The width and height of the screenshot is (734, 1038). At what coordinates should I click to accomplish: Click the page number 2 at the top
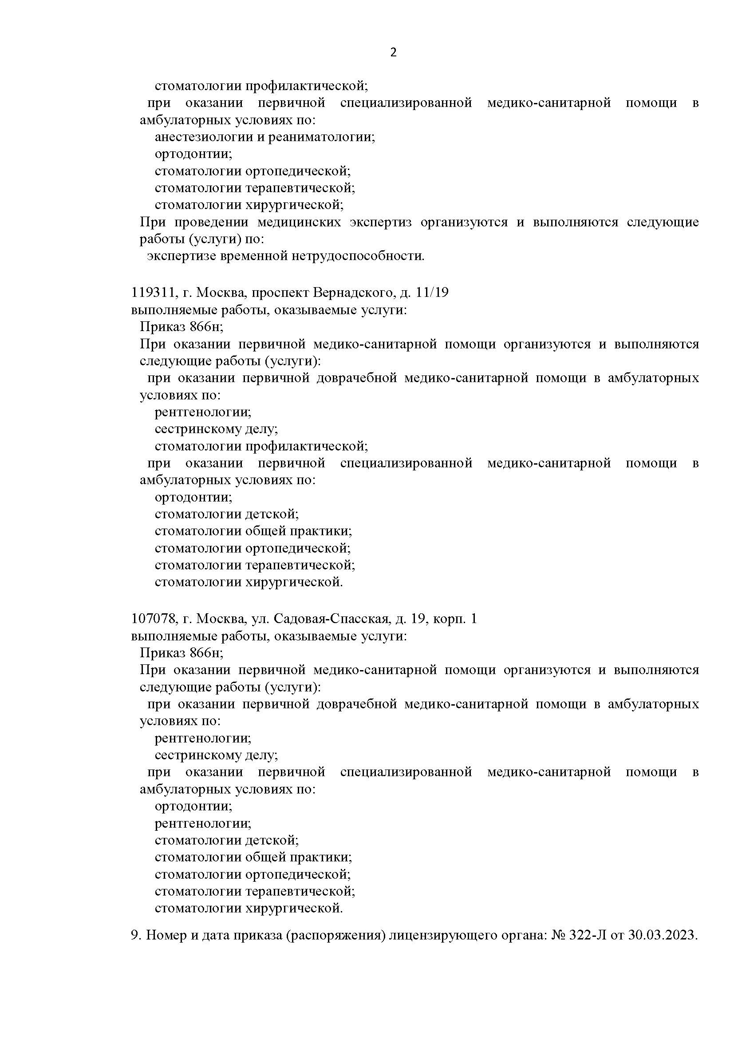coord(393,53)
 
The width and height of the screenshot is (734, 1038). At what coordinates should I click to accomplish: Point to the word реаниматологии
coord(321,137)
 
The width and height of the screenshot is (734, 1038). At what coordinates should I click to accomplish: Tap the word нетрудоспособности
coord(358,257)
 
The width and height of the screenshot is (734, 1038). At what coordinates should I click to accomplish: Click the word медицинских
coord(299,222)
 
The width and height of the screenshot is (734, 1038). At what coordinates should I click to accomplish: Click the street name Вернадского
coord(353,292)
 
